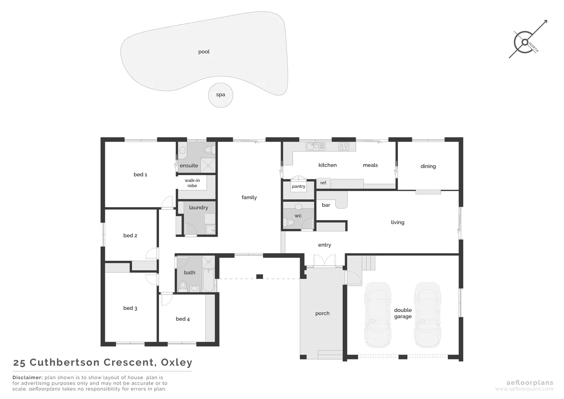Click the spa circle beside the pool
click(221, 95)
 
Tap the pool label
click(204, 52)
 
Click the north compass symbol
click(525, 42)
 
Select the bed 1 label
click(140, 174)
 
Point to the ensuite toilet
click(209, 150)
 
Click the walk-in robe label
click(192, 183)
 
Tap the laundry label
click(199, 208)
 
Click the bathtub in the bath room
click(208, 280)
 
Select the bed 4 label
click(183, 319)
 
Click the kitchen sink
click(313, 146)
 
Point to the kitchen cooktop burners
click(344, 147)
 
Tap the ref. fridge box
click(323, 183)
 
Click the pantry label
click(299, 187)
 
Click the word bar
click(326, 205)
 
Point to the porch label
click(322, 313)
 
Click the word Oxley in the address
click(177, 362)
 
